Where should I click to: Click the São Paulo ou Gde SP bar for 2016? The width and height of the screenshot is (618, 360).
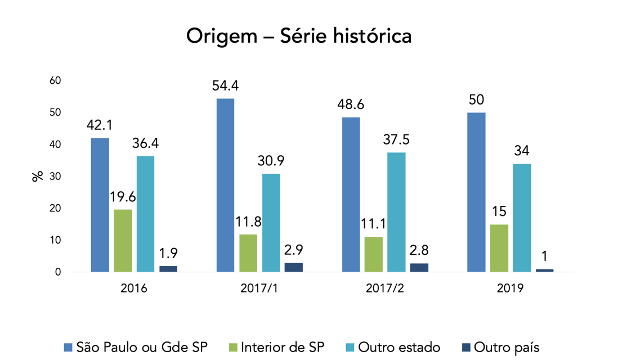[x=100, y=205]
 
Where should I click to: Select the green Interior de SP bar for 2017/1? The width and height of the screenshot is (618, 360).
[x=248, y=253]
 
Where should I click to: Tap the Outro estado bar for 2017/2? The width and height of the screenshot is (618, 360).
[x=396, y=212]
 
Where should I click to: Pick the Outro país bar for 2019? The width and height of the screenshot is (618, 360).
[x=544, y=270]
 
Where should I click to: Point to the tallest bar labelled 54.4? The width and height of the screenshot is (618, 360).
[x=225, y=185]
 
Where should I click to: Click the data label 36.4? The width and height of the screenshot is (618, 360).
[x=145, y=143]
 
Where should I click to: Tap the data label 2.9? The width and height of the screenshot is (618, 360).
[x=293, y=250]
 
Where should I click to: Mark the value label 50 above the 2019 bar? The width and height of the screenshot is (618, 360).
[x=476, y=100]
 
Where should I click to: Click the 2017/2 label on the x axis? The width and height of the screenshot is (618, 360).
[x=385, y=289]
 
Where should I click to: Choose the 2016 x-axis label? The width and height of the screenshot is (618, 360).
[x=134, y=289]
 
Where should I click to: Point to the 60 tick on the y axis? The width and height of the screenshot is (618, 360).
[x=55, y=81]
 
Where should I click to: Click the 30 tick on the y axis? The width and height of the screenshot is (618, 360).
[x=55, y=177]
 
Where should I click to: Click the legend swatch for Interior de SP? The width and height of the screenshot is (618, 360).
[x=234, y=347]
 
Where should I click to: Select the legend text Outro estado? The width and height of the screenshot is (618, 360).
[x=399, y=347]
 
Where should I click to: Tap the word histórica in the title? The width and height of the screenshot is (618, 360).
[x=372, y=37]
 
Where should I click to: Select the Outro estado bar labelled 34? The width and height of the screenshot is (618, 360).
[x=522, y=218]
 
